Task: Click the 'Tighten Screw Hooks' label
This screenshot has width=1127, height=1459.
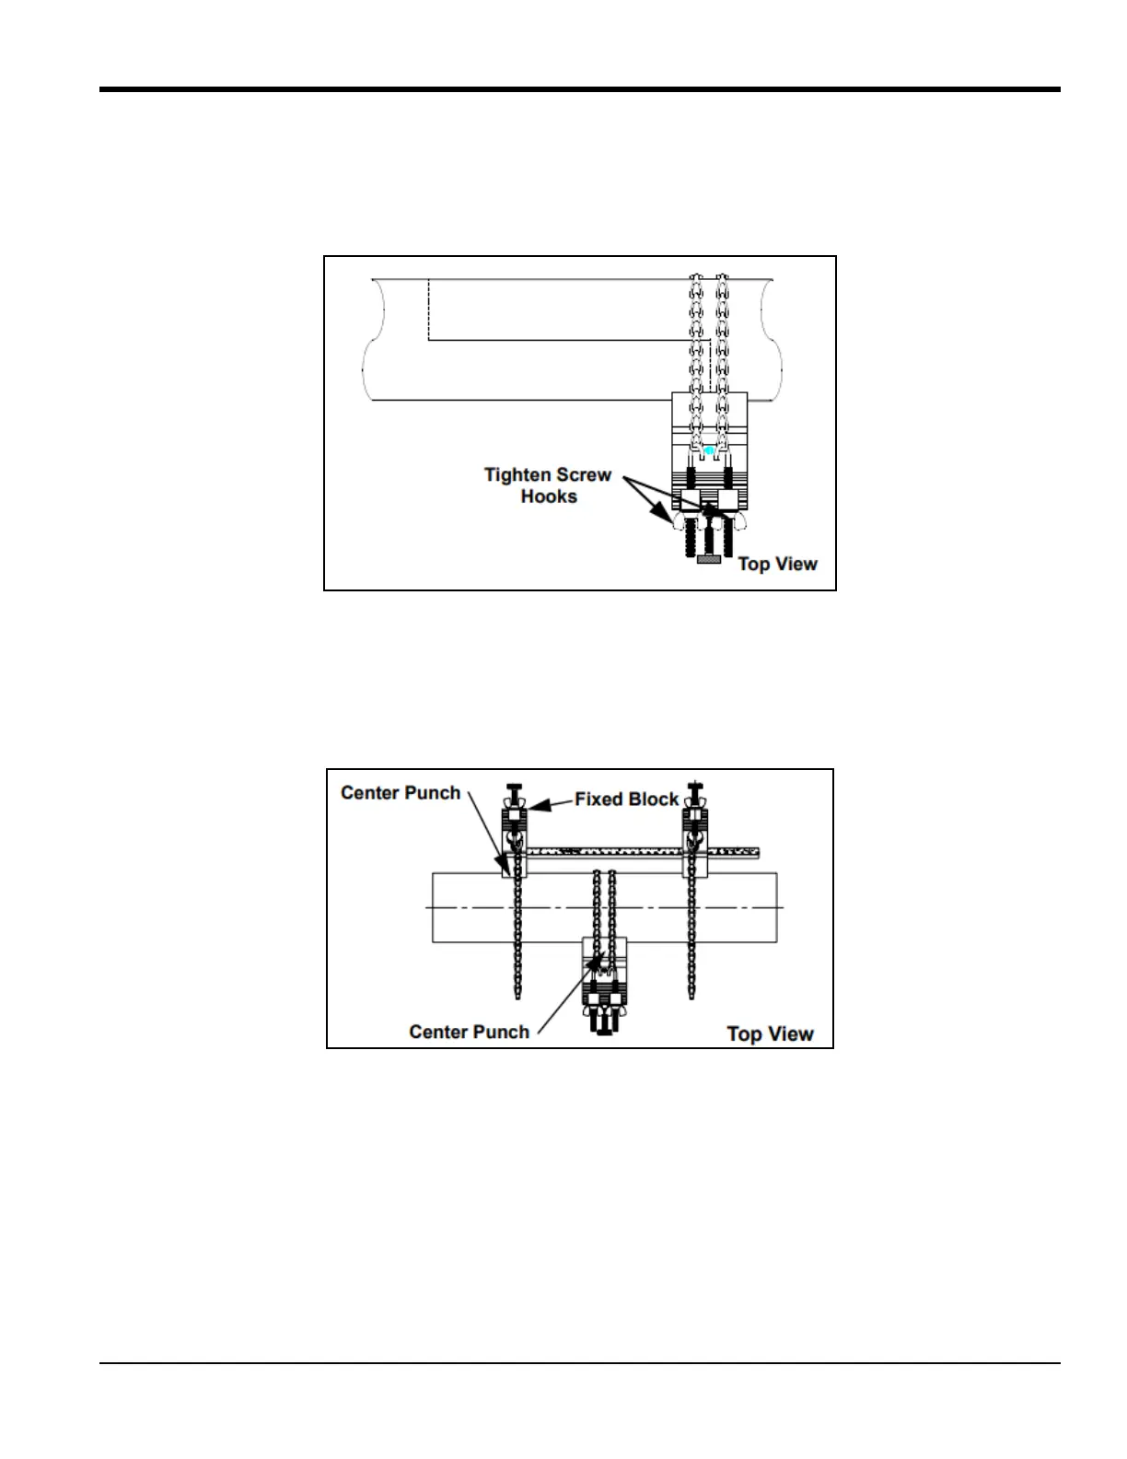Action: [548, 485]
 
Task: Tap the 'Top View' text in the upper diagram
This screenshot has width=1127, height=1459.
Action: [777, 564]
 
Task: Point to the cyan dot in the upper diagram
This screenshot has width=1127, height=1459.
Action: [709, 450]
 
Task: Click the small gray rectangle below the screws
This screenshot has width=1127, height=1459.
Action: [708, 559]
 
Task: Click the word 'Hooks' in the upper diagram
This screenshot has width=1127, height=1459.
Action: [549, 496]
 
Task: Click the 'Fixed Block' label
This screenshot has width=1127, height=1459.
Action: [626, 800]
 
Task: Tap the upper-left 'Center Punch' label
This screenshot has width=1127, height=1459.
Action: [401, 793]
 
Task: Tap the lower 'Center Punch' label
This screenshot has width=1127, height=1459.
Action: [469, 1032]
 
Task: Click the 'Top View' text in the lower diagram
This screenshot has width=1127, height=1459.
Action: [770, 1033]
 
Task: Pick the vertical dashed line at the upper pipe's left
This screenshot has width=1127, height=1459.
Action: [428, 309]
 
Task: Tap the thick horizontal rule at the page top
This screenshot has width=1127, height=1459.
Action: [580, 89]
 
